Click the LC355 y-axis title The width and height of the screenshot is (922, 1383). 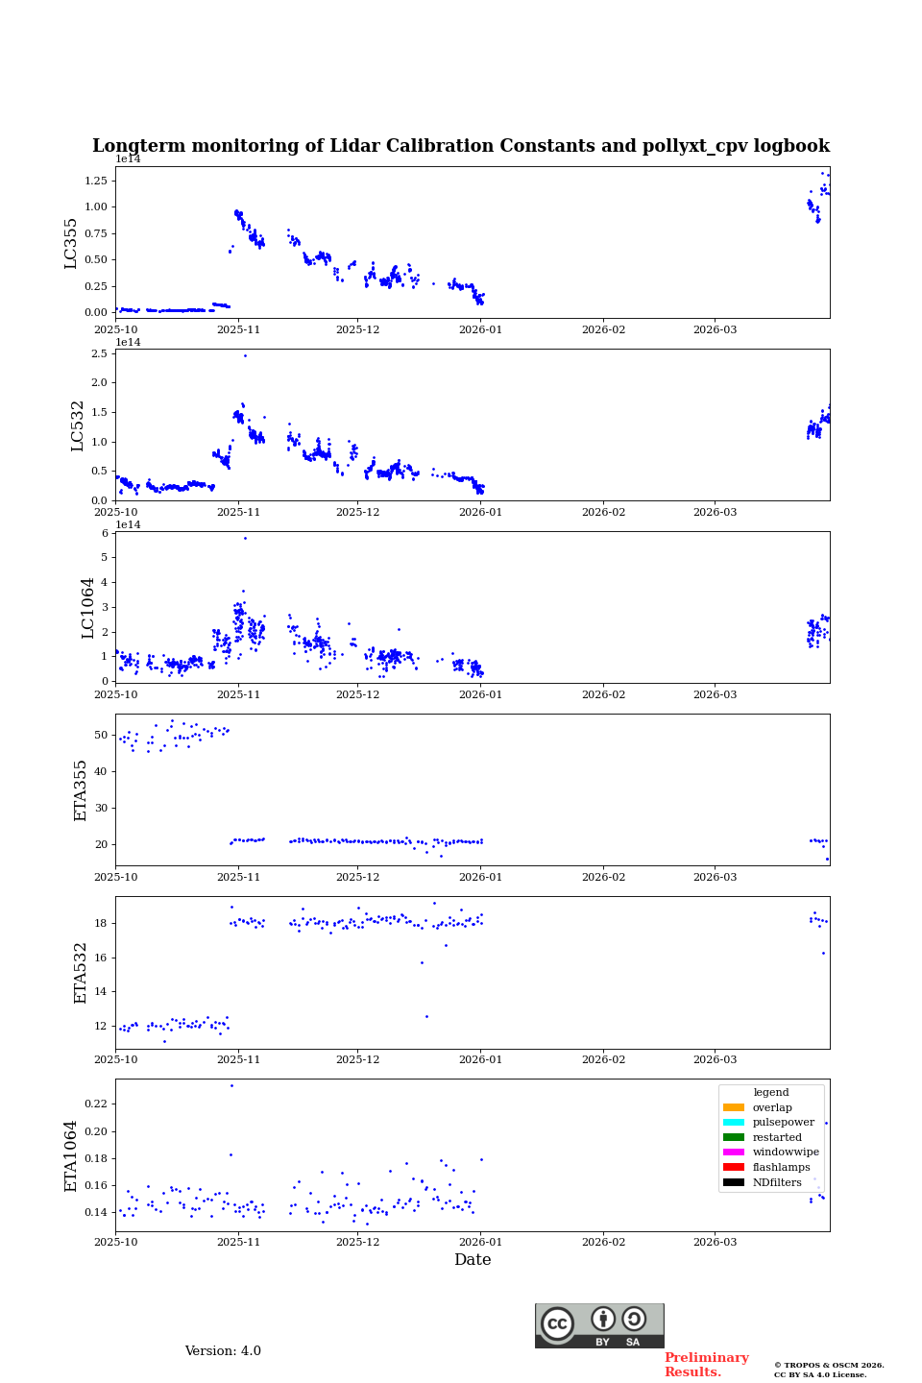point(71,243)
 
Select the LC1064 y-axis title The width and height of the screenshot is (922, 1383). point(88,607)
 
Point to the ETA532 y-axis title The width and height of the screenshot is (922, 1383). point(81,972)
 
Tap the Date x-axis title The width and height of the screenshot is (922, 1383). point(473,1260)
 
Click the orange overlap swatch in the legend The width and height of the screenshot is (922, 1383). point(734,1107)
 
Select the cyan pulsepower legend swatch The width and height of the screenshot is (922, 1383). point(734,1123)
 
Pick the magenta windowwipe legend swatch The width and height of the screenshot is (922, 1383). point(734,1152)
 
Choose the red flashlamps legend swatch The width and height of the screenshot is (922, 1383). point(734,1168)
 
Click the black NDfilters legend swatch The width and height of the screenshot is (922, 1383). point(734,1182)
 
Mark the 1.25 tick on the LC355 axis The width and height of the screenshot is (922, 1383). point(95,181)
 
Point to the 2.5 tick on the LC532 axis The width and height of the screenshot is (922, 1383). point(99,354)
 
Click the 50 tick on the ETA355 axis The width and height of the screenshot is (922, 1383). point(101,736)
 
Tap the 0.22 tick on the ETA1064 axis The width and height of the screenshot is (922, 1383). point(95,1104)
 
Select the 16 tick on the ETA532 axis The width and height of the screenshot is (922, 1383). point(101,958)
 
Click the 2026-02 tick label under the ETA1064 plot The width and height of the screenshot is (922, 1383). point(603,1242)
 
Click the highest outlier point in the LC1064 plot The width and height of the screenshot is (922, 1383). point(245,538)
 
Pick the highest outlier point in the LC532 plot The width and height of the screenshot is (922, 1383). point(245,355)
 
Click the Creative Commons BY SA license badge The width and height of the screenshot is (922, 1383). point(599,1325)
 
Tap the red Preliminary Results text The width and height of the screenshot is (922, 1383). point(706,1365)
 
